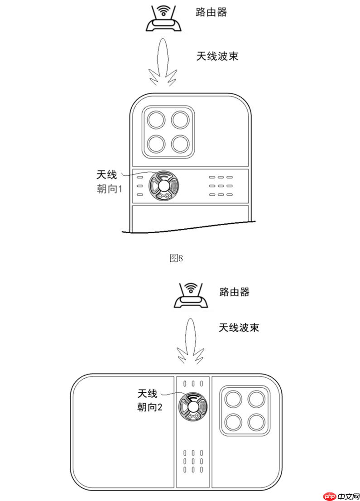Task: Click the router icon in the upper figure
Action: pos(163,21)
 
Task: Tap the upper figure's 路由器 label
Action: pos(211,12)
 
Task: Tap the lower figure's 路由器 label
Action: pos(234,292)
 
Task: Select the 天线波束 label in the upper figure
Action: pos(217,56)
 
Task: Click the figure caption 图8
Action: pos(176,258)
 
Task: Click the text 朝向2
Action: pos(149,407)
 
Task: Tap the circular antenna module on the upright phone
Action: pos(163,185)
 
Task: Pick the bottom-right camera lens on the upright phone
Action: pos(180,144)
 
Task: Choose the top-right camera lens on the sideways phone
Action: pos(256,399)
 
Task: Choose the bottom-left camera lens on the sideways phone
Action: pos(234,422)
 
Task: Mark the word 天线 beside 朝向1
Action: pos(107,174)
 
